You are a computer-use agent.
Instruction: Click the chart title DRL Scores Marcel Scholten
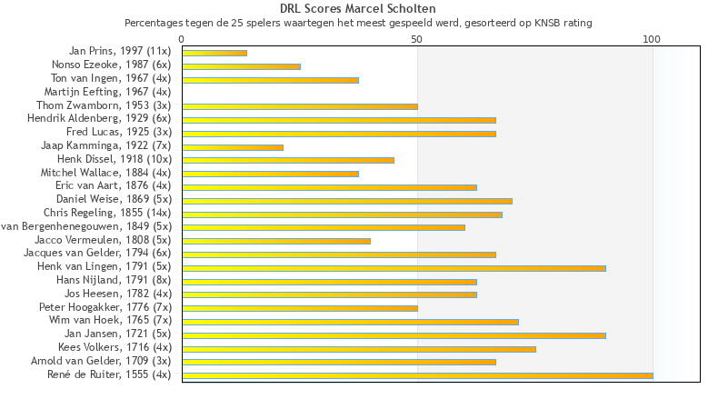pos(358,9)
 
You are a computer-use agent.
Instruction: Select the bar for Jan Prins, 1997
pos(214,53)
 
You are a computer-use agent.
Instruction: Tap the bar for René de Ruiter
pos(417,375)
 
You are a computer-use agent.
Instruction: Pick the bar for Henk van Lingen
pos(394,268)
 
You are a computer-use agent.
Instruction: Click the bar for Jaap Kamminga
pos(233,147)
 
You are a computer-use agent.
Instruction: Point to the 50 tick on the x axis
pos(417,39)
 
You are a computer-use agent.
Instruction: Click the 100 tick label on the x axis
pos(652,39)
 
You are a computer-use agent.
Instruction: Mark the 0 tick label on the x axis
pos(182,39)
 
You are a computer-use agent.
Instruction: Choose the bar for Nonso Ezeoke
pos(241,66)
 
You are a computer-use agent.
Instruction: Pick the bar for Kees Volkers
pos(359,349)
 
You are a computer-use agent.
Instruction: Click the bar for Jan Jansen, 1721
pos(394,335)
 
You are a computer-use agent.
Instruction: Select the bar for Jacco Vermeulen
pos(276,241)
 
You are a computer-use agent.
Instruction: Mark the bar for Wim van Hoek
pos(350,322)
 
